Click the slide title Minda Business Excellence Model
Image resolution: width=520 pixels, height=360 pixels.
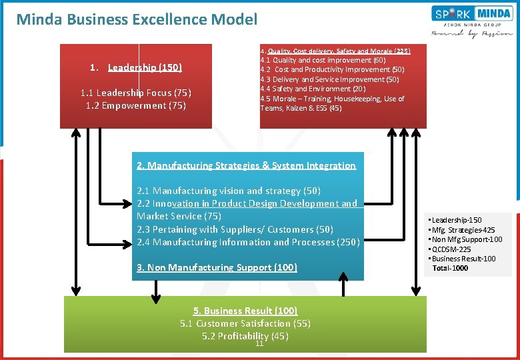pyautogui.click(x=137, y=19)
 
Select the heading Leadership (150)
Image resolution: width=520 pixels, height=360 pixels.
pyautogui.click(x=145, y=67)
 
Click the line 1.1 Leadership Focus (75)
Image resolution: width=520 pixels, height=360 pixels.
pyautogui.click(x=135, y=93)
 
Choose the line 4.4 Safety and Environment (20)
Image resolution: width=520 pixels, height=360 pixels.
pyautogui.click(x=313, y=89)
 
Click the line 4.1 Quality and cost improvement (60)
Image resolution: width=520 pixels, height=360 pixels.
pyautogui.click(x=323, y=60)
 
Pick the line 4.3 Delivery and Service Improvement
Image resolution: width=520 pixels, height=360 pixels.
pyautogui.click(x=329, y=79)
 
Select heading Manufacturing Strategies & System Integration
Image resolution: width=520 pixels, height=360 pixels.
pyautogui.click(x=246, y=165)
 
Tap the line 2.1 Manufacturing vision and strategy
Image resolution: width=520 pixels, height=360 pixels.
pyautogui.click(x=228, y=191)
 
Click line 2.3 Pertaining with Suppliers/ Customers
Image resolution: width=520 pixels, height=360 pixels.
pyautogui.click(x=235, y=229)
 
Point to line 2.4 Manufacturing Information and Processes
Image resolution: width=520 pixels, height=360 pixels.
pyautogui.click(x=248, y=242)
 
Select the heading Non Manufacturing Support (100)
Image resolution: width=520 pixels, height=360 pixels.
pyautogui.click(x=217, y=267)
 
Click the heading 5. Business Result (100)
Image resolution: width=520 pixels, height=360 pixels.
pyautogui.click(x=245, y=311)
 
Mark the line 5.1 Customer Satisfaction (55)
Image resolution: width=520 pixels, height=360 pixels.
pyautogui.click(x=245, y=323)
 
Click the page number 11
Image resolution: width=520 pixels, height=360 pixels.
pyautogui.click(x=259, y=344)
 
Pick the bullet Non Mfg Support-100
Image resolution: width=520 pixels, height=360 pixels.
pyautogui.click(x=467, y=239)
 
